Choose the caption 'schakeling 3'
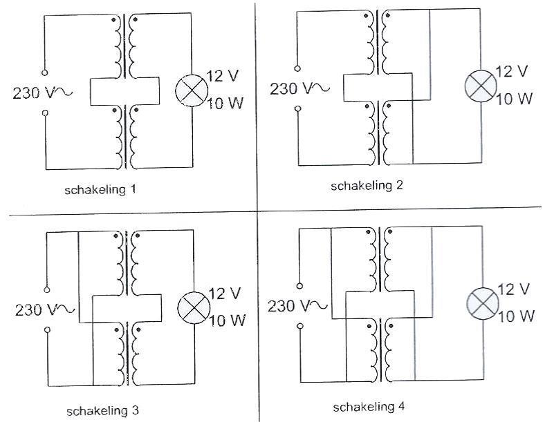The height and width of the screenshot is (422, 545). (x=102, y=410)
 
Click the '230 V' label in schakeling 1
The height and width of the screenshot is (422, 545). (x=33, y=93)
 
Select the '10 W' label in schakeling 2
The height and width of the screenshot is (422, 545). (x=515, y=99)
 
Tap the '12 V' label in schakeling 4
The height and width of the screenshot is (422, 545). (x=514, y=289)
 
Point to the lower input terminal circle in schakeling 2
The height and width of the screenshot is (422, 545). (x=298, y=108)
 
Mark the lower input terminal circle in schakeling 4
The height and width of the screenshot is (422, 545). (x=299, y=325)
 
